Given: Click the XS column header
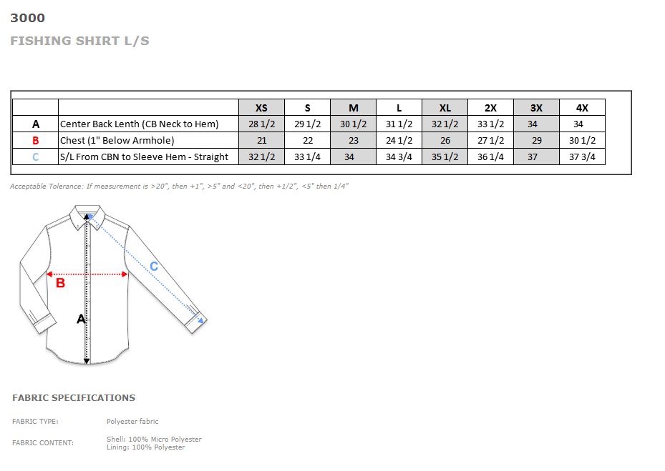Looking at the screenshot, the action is pos(261,108).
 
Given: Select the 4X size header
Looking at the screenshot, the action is pos(582,108).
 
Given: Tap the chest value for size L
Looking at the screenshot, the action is pos(399,141).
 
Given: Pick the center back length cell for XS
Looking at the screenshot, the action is pos(261,124).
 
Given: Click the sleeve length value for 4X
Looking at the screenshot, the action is pos(582,157).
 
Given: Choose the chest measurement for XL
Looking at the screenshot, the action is pos(445,141).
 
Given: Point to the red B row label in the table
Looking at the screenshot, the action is pos(36,141).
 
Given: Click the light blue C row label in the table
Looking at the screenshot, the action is pos(36,157).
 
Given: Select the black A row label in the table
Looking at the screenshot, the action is pos(36,124).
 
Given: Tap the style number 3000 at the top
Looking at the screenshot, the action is pos(28,18).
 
